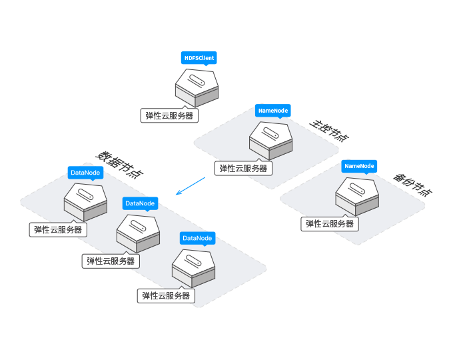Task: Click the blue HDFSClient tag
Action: coord(199,58)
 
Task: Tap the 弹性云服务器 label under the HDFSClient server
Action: coord(170,115)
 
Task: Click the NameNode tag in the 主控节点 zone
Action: coord(273,110)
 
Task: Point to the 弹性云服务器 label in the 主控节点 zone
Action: coord(243,169)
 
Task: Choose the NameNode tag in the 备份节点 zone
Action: coord(360,165)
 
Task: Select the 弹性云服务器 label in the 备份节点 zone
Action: coord(330,224)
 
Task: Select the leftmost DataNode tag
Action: coord(85,173)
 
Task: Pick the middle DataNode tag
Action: coord(140,203)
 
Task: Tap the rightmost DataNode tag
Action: coord(197,238)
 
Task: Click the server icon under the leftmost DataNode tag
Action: coord(85,201)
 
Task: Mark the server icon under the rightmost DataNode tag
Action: coord(193,267)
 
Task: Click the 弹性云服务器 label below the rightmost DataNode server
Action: coord(167,295)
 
